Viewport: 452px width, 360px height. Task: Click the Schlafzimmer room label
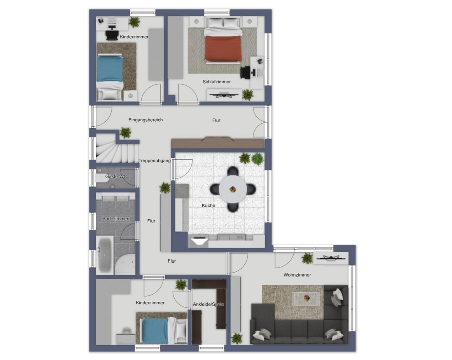coord(217,82)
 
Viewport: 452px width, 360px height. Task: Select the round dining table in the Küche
coord(233,189)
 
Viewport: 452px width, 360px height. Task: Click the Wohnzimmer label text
coord(297,275)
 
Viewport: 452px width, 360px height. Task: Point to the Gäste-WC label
coord(116,176)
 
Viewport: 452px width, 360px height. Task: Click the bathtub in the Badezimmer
coord(105,255)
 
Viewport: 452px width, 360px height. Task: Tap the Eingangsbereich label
coord(145,120)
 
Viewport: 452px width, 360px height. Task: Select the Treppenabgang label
coord(154,161)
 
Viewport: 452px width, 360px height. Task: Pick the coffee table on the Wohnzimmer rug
coord(306,298)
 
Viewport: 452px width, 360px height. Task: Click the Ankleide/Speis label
coord(208,304)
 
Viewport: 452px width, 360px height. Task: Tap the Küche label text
coord(208,205)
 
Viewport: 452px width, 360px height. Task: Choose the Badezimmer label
coord(115,218)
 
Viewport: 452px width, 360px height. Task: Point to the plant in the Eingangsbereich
coord(125,133)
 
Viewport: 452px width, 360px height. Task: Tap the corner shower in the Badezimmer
coord(125,264)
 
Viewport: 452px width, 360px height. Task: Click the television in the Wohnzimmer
coord(331,258)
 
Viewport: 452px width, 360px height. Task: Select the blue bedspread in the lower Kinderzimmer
coord(155,330)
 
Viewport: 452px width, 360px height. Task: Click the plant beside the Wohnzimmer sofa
coord(237,338)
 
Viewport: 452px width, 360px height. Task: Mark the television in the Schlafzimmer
coord(223,95)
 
